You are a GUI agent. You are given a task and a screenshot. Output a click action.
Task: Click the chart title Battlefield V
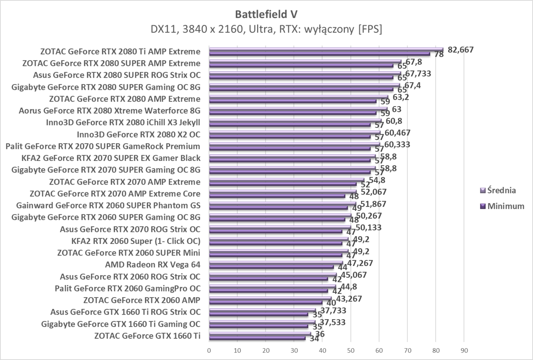(x=266, y=14)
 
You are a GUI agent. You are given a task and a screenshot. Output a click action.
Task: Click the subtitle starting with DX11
(x=266, y=29)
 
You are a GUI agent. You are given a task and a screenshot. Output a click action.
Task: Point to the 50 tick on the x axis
(x=351, y=350)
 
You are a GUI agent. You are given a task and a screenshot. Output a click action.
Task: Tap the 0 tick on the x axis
(x=209, y=350)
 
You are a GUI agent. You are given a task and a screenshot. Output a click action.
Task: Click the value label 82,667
(x=461, y=49)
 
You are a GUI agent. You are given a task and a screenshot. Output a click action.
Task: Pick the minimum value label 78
(x=439, y=54)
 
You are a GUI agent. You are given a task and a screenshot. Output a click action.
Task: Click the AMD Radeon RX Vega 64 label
(x=152, y=265)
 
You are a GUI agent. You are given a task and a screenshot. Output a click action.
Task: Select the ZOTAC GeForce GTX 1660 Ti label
(x=147, y=336)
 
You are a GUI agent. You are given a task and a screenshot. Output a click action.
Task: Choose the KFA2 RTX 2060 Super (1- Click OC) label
(x=136, y=241)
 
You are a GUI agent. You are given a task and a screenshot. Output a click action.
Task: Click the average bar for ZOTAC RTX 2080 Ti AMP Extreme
(x=326, y=49)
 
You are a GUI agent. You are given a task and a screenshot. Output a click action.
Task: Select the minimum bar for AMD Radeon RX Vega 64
(x=271, y=267)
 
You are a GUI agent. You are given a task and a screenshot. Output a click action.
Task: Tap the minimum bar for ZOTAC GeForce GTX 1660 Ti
(x=257, y=338)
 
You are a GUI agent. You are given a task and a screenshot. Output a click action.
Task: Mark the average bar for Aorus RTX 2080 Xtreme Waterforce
(x=298, y=108)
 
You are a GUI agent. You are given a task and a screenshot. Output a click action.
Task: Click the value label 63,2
(x=400, y=97)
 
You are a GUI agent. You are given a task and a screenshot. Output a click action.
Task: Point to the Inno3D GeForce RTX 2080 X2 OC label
(x=138, y=134)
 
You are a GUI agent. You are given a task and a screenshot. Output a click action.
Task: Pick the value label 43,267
(x=346, y=299)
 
